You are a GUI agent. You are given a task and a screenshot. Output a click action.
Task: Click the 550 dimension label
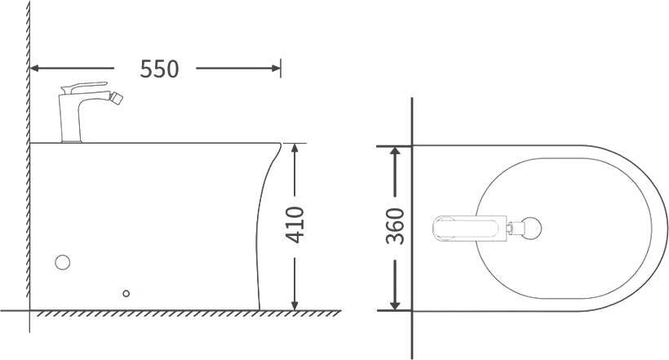159,69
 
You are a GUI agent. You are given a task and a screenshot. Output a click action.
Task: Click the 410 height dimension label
295,224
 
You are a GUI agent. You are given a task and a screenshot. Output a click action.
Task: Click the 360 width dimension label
395,226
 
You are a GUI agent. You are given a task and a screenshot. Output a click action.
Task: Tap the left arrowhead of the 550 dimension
35,69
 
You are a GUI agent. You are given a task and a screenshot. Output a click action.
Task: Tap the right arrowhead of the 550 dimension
276,69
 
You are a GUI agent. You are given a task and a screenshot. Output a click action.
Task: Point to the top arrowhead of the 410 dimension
295,149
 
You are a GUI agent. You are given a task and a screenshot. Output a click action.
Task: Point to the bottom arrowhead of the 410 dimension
295,304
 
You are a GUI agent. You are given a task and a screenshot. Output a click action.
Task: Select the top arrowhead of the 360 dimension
395,152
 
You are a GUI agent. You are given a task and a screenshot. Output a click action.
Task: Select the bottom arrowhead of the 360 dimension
395,304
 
